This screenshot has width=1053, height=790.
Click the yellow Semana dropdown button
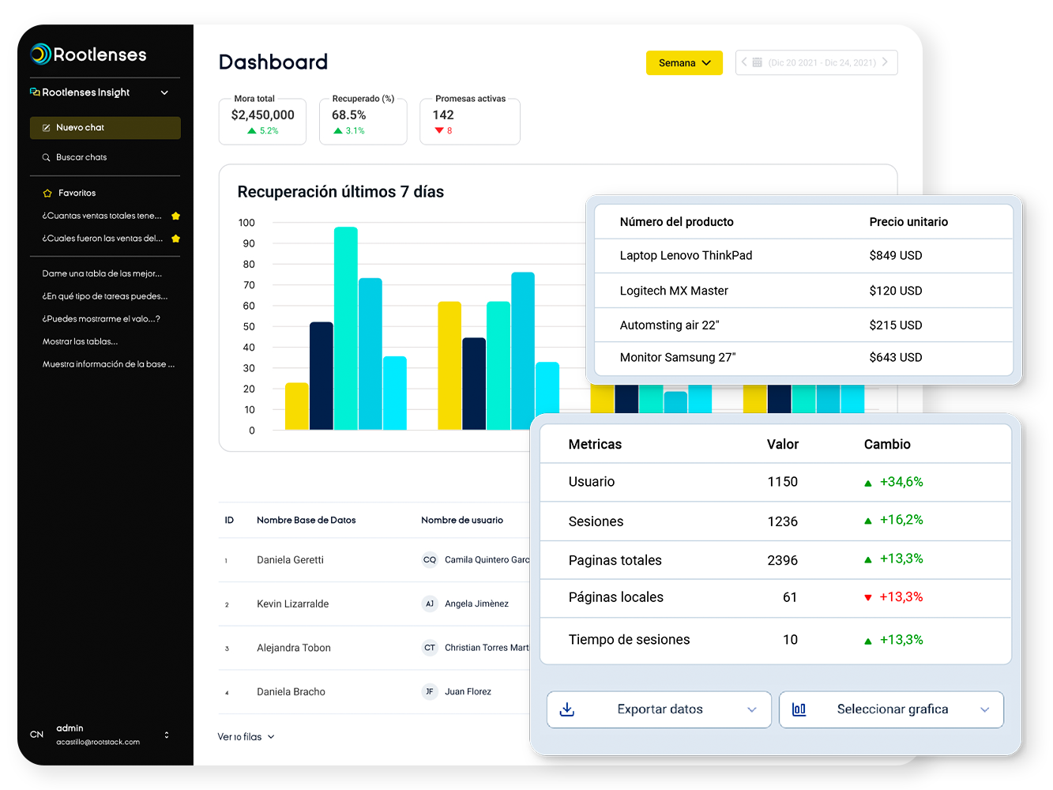click(x=684, y=63)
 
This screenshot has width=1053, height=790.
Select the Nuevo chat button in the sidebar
click(x=105, y=128)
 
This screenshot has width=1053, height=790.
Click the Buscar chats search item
click(x=81, y=157)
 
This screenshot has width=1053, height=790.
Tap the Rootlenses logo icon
click(x=41, y=54)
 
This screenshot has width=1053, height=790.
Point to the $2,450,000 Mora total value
click(x=262, y=115)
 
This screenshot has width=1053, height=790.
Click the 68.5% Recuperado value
click(x=348, y=115)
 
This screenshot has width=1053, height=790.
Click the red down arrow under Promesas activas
click(x=439, y=131)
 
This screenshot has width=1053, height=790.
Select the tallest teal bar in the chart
click(x=346, y=328)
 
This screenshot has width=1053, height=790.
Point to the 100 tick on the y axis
click(x=247, y=223)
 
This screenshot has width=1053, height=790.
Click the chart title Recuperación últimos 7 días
click(x=340, y=192)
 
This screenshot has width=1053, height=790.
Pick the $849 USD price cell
click(x=895, y=256)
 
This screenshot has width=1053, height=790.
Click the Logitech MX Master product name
click(x=674, y=291)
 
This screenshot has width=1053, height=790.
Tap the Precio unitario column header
click(x=908, y=222)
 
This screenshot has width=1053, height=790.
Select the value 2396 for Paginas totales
click(x=782, y=560)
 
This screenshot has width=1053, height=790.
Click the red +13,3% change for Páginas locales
click(x=901, y=597)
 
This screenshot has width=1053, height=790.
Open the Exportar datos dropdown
click(x=659, y=709)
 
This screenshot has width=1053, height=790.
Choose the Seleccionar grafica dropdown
click(x=891, y=709)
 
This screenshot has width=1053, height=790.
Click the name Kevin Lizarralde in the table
click(x=292, y=604)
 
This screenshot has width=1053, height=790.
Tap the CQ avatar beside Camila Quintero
click(x=430, y=560)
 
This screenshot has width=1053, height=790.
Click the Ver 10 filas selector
click(x=246, y=737)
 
